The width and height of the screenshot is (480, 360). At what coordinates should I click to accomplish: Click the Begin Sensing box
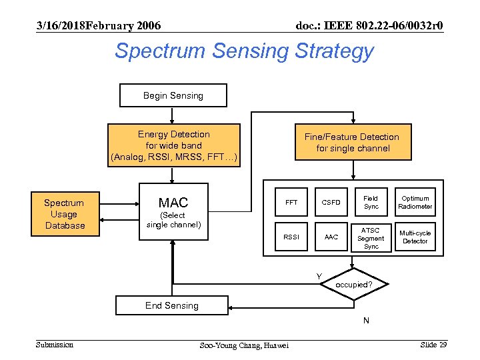click(173, 95)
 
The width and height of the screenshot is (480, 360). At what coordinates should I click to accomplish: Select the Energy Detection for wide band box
click(173, 145)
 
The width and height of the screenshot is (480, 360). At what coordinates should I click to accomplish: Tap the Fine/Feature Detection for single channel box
click(351, 143)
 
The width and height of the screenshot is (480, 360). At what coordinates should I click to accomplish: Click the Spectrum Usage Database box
click(65, 214)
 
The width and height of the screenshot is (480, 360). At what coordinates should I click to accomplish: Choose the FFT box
click(291, 202)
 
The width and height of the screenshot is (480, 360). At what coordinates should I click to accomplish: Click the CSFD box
click(331, 202)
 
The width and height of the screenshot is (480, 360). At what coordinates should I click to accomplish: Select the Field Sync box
click(371, 202)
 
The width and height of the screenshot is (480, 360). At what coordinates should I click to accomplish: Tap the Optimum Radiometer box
click(415, 202)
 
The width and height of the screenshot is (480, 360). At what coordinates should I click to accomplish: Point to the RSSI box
click(291, 237)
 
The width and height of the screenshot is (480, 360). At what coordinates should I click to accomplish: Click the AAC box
click(331, 237)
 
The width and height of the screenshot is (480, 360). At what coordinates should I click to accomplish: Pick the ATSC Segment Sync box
click(371, 237)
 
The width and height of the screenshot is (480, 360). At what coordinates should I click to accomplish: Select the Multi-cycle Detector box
click(415, 237)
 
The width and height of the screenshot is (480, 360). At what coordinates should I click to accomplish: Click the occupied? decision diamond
click(353, 284)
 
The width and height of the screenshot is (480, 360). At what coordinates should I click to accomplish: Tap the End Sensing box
click(172, 305)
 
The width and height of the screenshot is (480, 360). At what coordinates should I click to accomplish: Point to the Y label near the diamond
click(319, 276)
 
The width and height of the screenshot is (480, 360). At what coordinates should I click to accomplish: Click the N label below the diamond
click(366, 321)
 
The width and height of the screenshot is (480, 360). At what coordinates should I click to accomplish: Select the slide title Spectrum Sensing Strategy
click(244, 51)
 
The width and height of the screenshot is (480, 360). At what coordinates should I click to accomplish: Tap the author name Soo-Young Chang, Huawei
click(244, 345)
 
